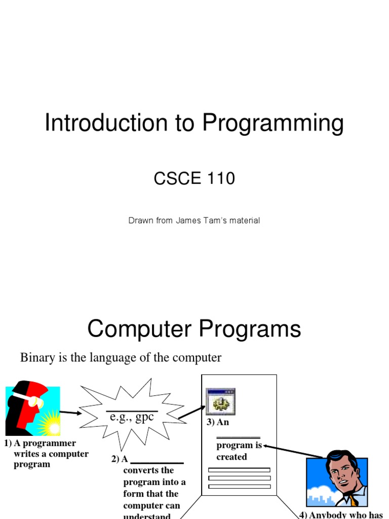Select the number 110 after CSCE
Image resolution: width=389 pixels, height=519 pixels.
point(219,178)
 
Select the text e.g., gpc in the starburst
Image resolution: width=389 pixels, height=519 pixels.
point(131,416)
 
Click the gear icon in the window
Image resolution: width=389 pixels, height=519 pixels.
point(220,403)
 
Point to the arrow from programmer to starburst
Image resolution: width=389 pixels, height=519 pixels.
point(70,413)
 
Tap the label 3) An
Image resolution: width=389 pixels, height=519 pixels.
point(217,423)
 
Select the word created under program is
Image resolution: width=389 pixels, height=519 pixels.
point(231,457)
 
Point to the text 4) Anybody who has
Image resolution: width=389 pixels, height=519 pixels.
point(340,515)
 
